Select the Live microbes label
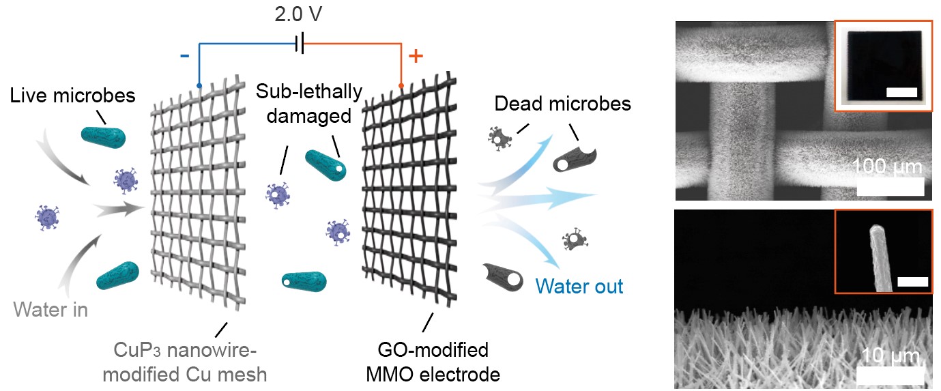(x=73, y=96)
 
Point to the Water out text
(x=579, y=286)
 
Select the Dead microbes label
(x=562, y=104)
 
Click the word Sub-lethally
(x=310, y=91)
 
